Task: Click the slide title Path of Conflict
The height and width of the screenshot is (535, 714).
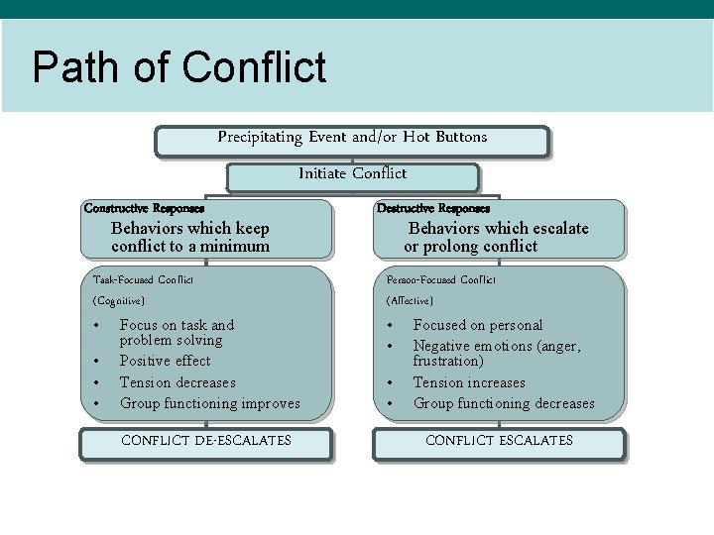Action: pyautogui.click(x=178, y=68)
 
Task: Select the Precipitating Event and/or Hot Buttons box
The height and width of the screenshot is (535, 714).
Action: pyautogui.click(x=352, y=138)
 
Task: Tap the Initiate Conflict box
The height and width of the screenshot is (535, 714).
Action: pyautogui.click(x=352, y=173)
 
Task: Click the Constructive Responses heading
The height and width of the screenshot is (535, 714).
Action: pyautogui.click(x=144, y=209)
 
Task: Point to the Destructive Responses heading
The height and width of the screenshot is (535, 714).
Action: pyautogui.click(x=432, y=209)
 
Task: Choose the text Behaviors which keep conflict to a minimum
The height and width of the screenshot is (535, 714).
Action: pyautogui.click(x=190, y=237)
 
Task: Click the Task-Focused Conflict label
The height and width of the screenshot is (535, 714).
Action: pyautogui.click(x=143, y=280)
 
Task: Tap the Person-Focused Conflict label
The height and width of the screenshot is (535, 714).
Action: pyautogui.click(x=441, y=280)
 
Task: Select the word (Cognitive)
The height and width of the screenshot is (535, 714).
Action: pyautogui.click(x=119, y=300)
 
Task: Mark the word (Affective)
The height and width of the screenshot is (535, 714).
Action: pyautogui.click(x=410, y=300)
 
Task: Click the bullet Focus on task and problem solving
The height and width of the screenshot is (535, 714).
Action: pyautogui.click(x=177, y=332)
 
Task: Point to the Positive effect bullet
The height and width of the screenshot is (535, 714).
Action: pyautogui.click(x=165, y=361)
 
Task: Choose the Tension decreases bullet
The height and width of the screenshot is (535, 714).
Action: pyautogui.click(x=178, y=382)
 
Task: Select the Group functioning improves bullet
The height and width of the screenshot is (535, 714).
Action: pyautogui.click(x=209, y=403)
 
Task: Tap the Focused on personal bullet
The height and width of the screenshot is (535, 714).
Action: pyautogui.click(x=478, y=325)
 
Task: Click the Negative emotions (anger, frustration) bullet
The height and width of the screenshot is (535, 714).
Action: pyautogui.click(x=496, y=353)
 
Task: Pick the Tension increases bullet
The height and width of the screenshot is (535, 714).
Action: pyautogui.click(x=469, y=382)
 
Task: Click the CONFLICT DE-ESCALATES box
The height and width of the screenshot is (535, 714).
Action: pyautogui.click(x=205, y=441)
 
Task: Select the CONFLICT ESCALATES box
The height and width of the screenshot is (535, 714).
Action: pyautogui.click(x=499, y=441)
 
